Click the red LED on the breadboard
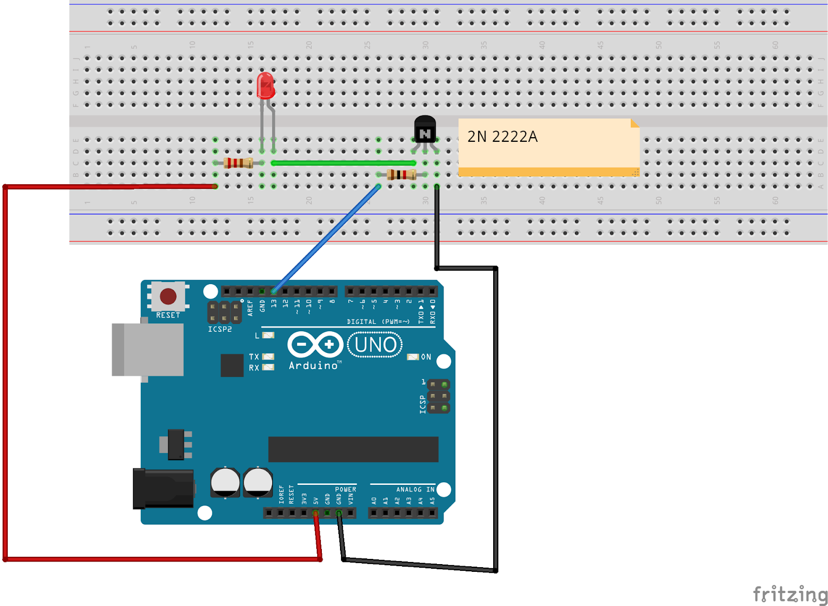click(x=265, y=86)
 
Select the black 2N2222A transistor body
click(x=425, y=129)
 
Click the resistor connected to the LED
click(x=238, y=163)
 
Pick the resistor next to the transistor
click(x=401, y=174)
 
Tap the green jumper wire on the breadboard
click(x=342, y=163)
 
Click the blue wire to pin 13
click(x=326, y=238)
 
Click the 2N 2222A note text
click(x=502, y=137)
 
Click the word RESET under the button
click(x=168, y=315)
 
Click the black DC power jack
click(x=163, y=489)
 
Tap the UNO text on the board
click(x=376, y=345)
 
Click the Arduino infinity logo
click(x=316, y=345)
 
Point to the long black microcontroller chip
click(x=353, y=449)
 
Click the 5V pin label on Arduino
click(x=316, y=500)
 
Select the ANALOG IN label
click(x=415, y=489)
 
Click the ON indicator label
click(x=426, y=357)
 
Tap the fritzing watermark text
click(x=790, y=594)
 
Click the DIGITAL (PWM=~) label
click(x=378, y=321)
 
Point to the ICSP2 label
click(x=220, y=329)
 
